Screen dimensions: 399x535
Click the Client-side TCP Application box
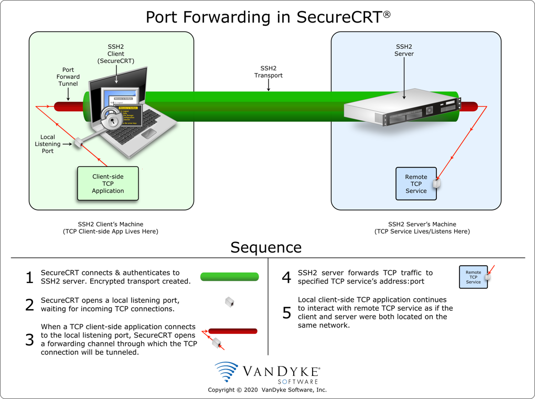(108, 184)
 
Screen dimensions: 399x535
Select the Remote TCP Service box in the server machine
(416, 184)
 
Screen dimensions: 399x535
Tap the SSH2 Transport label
(269, 71)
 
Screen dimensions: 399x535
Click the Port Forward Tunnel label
(68, 77)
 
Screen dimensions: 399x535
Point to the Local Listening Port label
(48, 144)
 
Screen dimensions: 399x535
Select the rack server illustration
(401, 107)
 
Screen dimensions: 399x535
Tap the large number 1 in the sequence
(30, 278)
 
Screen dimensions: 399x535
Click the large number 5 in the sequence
(286, 313)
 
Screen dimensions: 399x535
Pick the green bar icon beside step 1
(230, 277)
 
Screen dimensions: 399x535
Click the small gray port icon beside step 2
(229, 302)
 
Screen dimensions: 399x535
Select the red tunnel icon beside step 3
(233, 331)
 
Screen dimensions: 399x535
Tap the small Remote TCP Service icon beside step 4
(473, 277)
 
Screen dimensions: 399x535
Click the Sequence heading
(266, 247)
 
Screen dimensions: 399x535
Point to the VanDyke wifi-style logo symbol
(227, 372)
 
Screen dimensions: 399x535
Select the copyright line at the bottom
(267, 390)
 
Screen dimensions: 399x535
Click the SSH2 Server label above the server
(404, 50)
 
